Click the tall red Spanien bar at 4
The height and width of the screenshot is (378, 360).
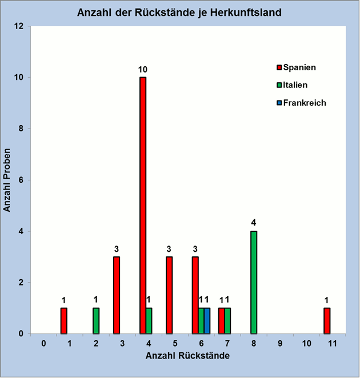(143, 206)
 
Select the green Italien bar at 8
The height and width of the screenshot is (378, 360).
(254, 283)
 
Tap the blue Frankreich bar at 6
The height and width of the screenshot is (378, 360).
(207, 321)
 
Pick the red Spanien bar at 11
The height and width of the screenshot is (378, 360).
(327, 321)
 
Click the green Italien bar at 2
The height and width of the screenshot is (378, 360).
(96, 321)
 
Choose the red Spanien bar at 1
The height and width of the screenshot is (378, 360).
(64, 321)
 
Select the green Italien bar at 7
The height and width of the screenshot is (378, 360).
(227, 321)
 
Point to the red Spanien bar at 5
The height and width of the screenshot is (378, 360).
(169, 295)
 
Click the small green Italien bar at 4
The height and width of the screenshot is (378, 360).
(149, 321)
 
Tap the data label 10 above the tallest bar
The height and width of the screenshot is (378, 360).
(143, 70)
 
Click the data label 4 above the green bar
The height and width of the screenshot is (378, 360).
(253, 223)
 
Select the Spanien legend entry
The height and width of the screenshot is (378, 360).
(297, 67)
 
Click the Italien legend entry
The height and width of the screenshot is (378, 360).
(292, 85)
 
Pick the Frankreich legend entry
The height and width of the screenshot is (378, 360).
(301, 103)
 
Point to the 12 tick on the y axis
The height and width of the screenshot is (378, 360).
(19, 26)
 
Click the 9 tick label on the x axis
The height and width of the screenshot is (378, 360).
(280, 343)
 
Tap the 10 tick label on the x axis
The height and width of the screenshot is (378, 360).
(306, 343)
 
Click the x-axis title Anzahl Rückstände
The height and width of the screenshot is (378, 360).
(187, 356)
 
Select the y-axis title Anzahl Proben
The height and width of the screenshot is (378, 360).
(7, 180)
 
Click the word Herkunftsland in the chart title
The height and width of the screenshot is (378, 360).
(246, 13)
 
